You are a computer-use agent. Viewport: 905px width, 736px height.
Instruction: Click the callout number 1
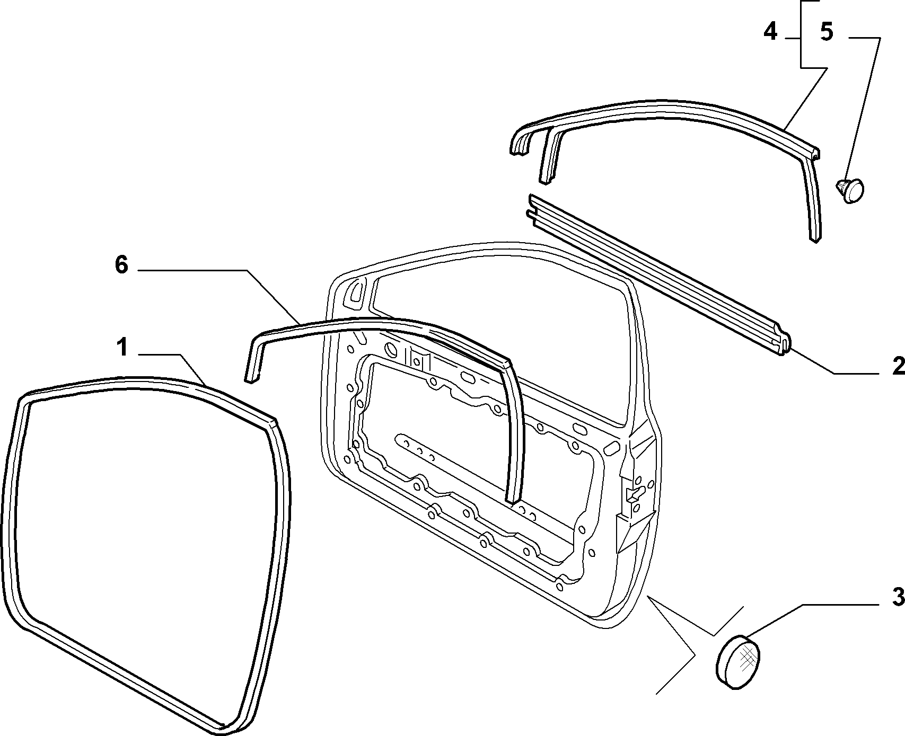click(122, 348)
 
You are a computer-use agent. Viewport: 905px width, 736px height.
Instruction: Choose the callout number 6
click(121, 265)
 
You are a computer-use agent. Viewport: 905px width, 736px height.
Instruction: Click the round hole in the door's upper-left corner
click(392, 350)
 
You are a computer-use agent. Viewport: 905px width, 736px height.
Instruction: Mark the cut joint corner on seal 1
click(272, 423)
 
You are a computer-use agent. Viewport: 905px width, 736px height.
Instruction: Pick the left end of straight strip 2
click(531, 206)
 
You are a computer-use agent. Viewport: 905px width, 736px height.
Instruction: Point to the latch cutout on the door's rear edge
click(633, 494)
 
